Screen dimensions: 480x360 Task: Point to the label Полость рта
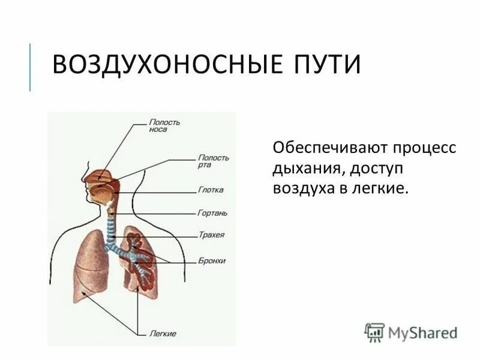coord(212,160)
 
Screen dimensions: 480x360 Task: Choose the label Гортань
coord(212,213)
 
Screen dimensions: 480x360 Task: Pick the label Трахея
coord(211,235)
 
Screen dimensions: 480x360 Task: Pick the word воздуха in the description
coord(301,188)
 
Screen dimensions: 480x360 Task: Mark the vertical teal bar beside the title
coord(30,67)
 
